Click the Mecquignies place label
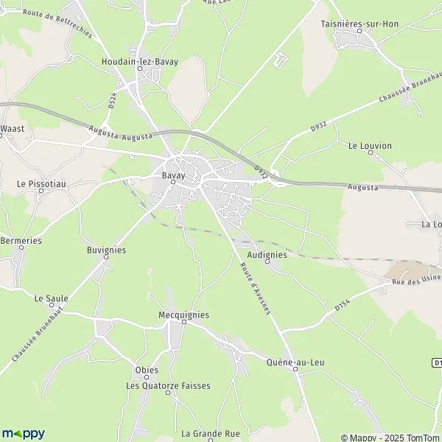(x=183, y=315)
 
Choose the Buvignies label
(x=106, y=250)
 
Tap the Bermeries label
(x=21, y=241)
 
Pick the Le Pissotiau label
(x=41, y=182)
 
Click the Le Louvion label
(x=370, y=146)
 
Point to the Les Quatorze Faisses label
(x=168, y=385)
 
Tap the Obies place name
(x=147, y=370)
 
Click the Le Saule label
(x=51, y=298)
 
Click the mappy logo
(x=24, y=433)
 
